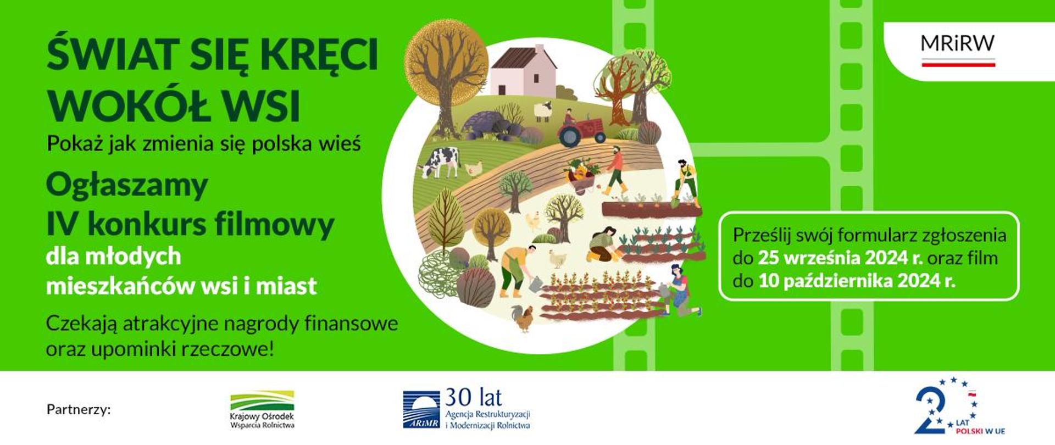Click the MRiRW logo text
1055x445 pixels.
pos(957,44)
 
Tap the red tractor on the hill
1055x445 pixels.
pos(580,131)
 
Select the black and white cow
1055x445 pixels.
pos(440,162)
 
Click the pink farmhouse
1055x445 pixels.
pos(523,71)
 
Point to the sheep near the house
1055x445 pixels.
pos(543,110)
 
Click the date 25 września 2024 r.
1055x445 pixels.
pos(840,258)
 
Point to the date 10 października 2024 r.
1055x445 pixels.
pos(857,281)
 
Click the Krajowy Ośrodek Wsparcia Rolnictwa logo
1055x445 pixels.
pos(262,409)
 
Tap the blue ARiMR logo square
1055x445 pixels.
pos(421,409)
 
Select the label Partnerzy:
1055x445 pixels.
pos(79,410)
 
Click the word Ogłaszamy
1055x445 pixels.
pos(127,186)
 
